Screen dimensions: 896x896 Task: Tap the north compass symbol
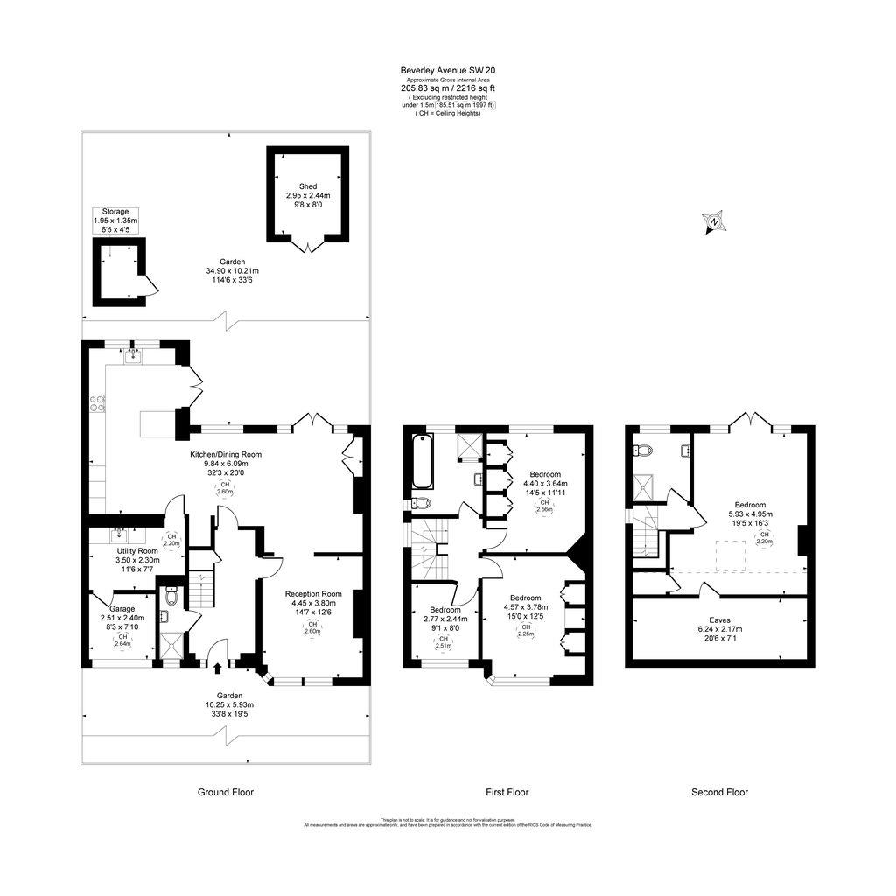coord(715,222)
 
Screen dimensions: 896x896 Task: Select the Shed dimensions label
coord(307,195)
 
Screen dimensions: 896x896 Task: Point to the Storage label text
coord(115,212)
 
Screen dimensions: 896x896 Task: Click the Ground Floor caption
coord(225,792)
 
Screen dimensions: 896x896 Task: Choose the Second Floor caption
coord(719,792)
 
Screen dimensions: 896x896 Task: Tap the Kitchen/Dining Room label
coord(226,455)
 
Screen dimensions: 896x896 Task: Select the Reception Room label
coord(313,593)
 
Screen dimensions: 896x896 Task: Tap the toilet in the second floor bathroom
coord(643,451)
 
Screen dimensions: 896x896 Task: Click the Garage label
coord(122,608)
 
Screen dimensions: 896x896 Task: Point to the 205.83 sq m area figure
coord(422,87)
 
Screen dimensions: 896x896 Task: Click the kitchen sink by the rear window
coord(134,355)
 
